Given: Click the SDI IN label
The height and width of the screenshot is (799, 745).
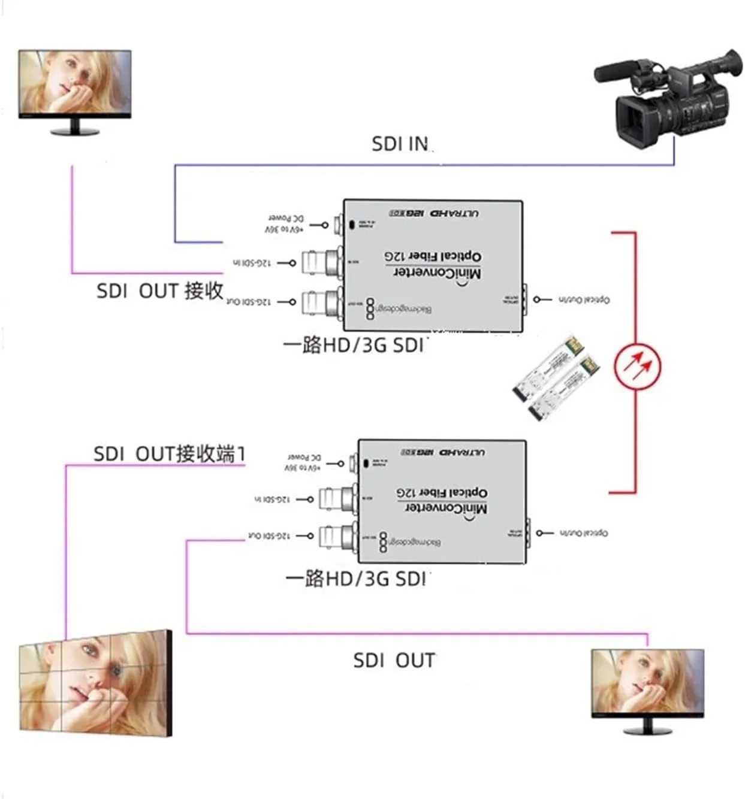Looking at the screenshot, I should (400, 144).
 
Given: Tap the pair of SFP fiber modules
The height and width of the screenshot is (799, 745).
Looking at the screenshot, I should (556, 379).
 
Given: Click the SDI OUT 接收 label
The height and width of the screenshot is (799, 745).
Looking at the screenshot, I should (159, 291).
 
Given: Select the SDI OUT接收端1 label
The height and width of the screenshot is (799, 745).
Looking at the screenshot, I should (169, 453).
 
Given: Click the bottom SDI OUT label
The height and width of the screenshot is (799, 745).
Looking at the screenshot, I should (394, 660).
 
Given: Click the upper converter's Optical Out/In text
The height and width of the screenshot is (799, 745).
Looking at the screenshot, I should (584, 299).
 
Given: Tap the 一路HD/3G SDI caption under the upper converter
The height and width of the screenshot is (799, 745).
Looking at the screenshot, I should (354, 345).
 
